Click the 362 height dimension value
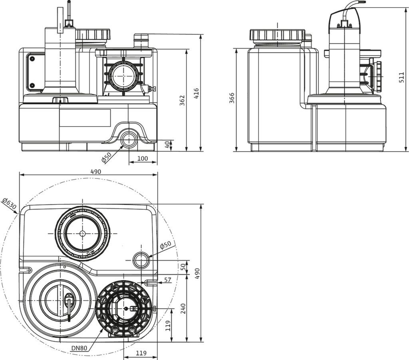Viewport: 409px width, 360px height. pyautogui.click(x=182, y=101)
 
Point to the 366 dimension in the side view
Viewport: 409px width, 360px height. pyautogui.click(x=232, y=98)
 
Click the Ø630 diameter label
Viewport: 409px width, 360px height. pyautogui.click(x=9, y=204)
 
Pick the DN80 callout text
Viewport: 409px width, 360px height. pyautogui.click(x=79, y=348)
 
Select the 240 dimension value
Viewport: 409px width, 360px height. pyautogui.click(x=183, y=308)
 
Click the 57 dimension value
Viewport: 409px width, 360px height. pyautogui.click(x=168, y=280)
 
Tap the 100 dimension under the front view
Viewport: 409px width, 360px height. pyautogui.click(x=143, y=158)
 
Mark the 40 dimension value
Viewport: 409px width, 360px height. pyautogui.click(x=167, y=144)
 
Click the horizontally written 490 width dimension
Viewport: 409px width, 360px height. pyautogui.click(x=95, y=171)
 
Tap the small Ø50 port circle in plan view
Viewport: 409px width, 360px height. pyautogui.click(x=141, y=260)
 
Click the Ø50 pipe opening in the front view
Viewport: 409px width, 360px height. pyautogui.click(x=129, y=140)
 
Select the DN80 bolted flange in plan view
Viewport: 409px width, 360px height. pyautogui.click(x=124, y=308)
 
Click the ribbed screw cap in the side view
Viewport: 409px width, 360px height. pyautogui.click(x=278, y=35)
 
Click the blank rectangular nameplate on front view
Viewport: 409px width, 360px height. pyautogui.click(x=85, y=118)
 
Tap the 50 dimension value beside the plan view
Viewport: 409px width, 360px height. pyautogui.click(x=183, y=267)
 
